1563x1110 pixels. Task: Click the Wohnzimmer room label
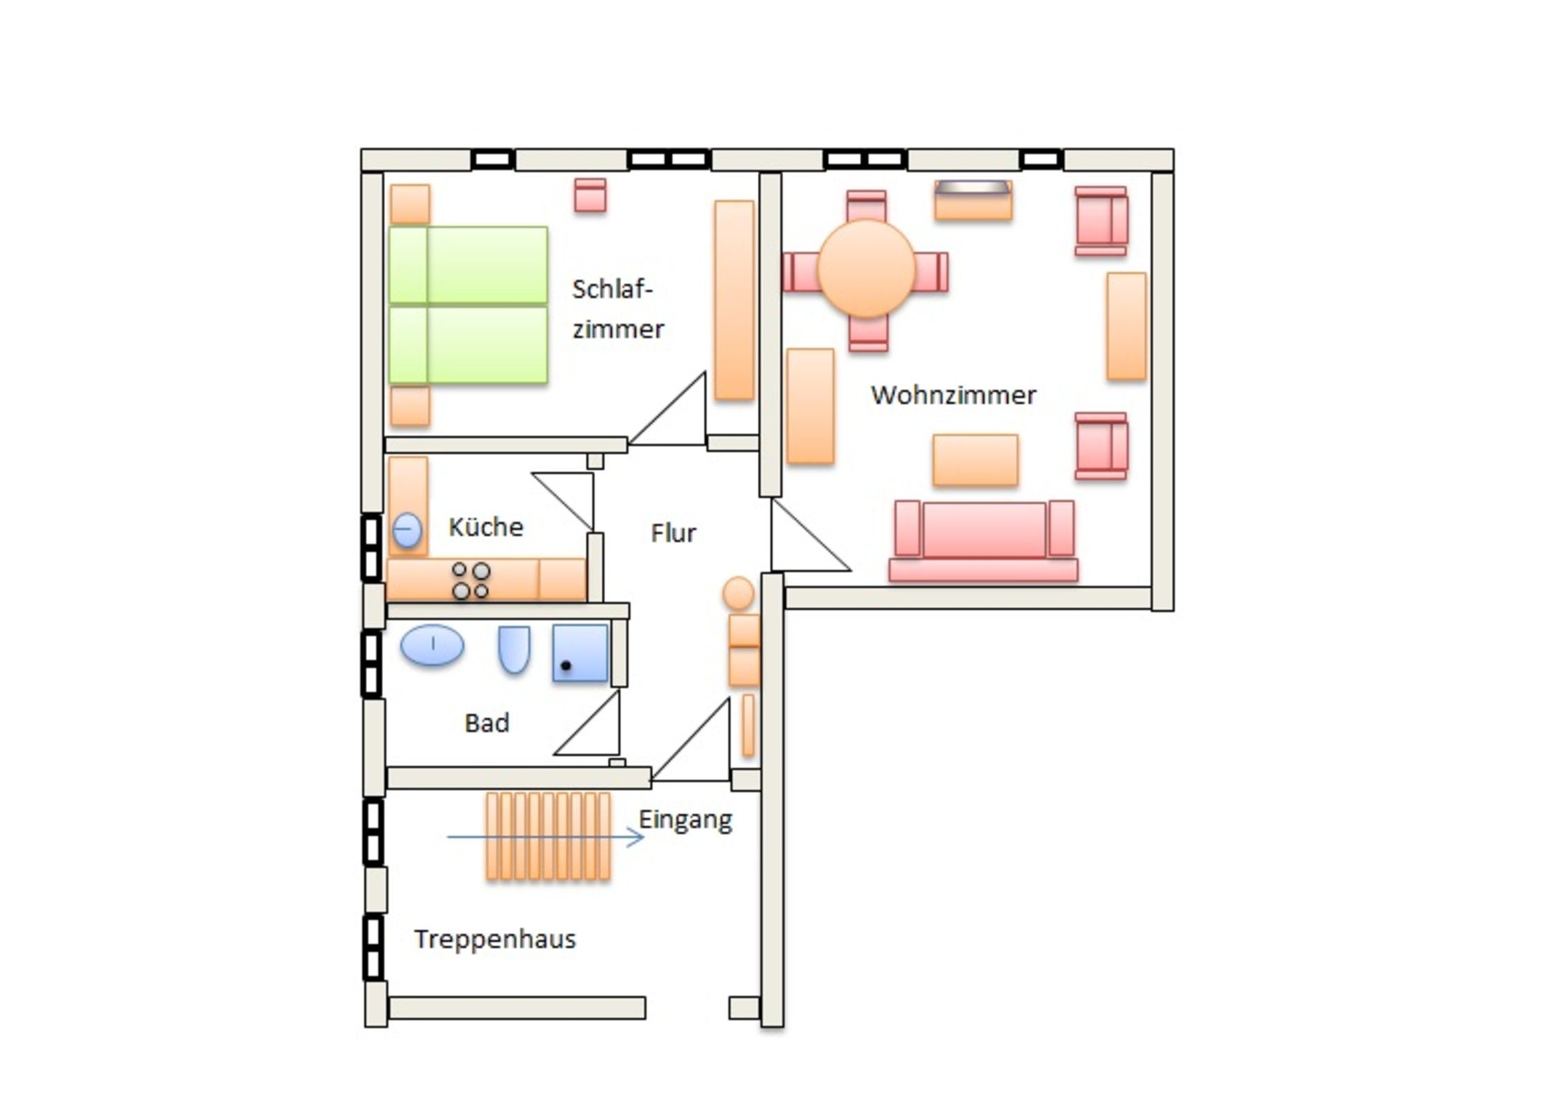click(953, 395)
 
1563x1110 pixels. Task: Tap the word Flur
click(673, 533)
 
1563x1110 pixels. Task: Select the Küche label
click(485, 527)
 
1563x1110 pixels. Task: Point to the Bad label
click(487, 723)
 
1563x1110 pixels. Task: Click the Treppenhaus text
click(495, 939)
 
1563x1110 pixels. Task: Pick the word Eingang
click(685, 819)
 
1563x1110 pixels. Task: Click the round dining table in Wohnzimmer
click(866, 268)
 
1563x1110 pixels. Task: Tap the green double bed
click(468, 305)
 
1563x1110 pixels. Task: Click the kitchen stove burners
click(471, 581)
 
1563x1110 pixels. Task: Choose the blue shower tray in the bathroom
click(580, 653)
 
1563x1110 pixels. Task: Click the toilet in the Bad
click(514, 649)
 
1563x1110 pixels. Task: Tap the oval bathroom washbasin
click(432, 645)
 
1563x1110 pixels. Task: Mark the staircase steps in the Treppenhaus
click(548, 836)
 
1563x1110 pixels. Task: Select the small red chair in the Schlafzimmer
click(590, 195)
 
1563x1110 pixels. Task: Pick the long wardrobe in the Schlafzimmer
click(734, 300)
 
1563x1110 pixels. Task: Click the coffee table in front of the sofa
click(975, 460)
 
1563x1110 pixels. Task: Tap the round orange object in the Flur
click(738, 593)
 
